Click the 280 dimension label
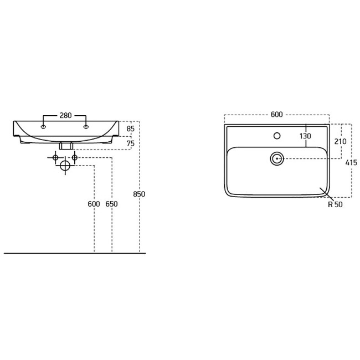click(x=66, y=115)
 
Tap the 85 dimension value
click(x=130, y=129)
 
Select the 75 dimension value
click(x=130, y=143)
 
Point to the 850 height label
click(x=139, y=194)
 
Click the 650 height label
click(x=111, y=204)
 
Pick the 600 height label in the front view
click(x=94, y=204)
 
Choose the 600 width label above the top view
click(x=277, y=114)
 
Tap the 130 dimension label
click(x=305, y=136)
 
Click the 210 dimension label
click(x=340, y=141)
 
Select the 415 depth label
click(x=351, y=163)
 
